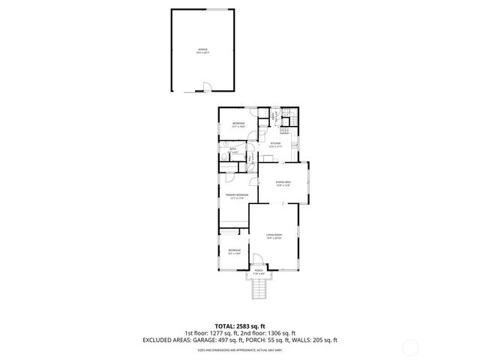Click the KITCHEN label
coord(274,145)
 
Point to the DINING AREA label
coord(283,183)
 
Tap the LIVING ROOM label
coord(274,236)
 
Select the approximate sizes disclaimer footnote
coord(239,349)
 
